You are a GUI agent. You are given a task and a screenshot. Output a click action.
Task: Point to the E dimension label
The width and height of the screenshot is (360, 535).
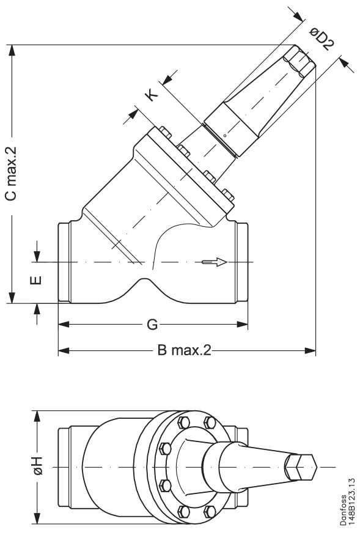pyautogui.click(x=37, y=281)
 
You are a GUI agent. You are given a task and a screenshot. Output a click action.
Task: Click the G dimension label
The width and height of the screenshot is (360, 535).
pyautogui.click(x=152, y=324)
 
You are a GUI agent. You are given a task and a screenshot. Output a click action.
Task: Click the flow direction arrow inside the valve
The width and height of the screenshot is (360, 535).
pyautogui.click(x=215, y=262)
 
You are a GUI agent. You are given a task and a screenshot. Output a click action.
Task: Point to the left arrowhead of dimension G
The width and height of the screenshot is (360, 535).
pyautogui.click(x=62, y=324)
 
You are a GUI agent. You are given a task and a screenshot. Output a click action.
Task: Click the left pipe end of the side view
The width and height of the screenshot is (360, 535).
pyautogui.click(x=63, y=262)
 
